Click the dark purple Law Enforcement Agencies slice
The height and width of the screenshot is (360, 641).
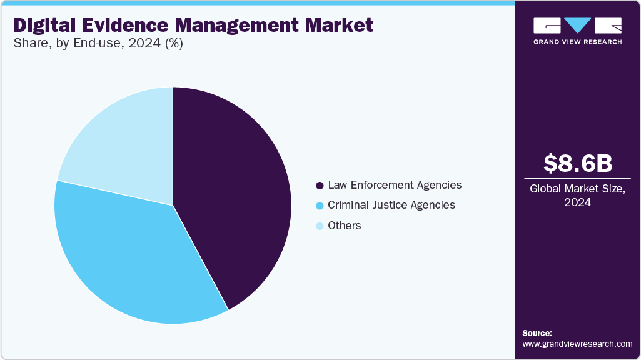click(x=238, y=194)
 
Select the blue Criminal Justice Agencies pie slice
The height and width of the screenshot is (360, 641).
click(x=125, y=256)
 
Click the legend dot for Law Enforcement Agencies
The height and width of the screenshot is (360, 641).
click(x=320, y=186)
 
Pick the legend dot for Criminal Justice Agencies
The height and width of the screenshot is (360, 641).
click(x=320, y=206)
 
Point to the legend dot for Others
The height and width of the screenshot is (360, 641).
click(x=320, y=226)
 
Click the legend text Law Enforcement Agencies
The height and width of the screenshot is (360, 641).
click(x=395, y=185)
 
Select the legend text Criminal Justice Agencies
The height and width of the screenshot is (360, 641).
click(x=391, y=205)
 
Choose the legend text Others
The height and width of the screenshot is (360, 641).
click(x=345, y=226)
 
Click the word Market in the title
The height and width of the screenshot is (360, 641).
click(x=343, y=25)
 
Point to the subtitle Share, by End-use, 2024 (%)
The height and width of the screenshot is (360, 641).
click(x=98, y=44)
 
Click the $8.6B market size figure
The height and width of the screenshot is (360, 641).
click(x=577, y=163)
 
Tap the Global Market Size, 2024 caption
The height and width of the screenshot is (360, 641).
click(x=577, y=196)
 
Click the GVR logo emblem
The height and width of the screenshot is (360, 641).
click(x=577, y=26)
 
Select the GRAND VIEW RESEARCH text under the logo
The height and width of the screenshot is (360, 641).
click(x=577, y=42)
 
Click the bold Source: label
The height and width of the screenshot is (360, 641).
click(x=537, y=333)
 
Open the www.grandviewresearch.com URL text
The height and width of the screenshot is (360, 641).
click(x=577, y=344)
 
